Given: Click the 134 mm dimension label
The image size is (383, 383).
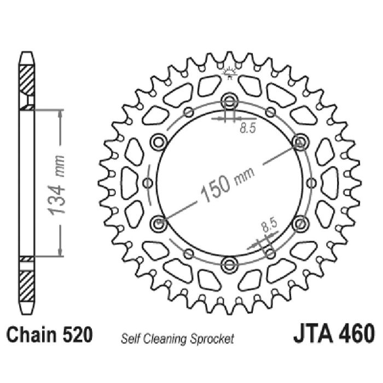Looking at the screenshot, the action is point(57,185).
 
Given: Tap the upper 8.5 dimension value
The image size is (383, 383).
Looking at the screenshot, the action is point(247,127).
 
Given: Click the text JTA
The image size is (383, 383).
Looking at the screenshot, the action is point(313,333).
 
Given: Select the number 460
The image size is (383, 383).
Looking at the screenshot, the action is point(356,333).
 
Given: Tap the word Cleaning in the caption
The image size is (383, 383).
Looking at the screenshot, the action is point(166,339).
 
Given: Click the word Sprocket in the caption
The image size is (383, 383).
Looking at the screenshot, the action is point(212,339).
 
